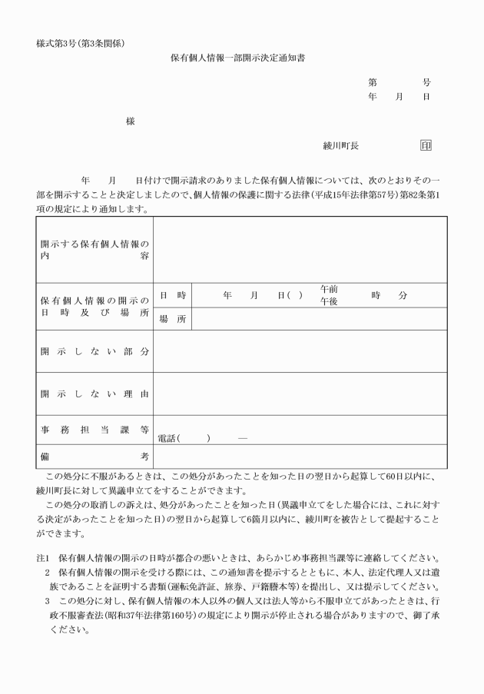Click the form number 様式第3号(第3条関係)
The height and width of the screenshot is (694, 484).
pos(81,42)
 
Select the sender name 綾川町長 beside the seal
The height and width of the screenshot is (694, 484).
pos(340,145)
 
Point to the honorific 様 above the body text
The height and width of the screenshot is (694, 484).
pos(130,121)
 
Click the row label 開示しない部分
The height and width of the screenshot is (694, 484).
pos(94,351)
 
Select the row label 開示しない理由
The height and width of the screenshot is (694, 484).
pos(94,394)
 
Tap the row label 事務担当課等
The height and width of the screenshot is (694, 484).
pos(94,430)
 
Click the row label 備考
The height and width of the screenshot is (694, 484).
pos(94,457)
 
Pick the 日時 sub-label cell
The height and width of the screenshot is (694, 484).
pos(173,296)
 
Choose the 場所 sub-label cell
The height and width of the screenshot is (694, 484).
pos(173,320)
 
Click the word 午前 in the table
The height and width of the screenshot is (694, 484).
pos(329,290)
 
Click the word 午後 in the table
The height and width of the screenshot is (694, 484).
pos(329,302)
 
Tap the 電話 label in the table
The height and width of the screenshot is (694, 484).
pos(167,438)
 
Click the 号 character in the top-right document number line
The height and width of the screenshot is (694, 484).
pos(426,82)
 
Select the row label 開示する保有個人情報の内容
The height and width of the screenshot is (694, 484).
pos(94,250)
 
